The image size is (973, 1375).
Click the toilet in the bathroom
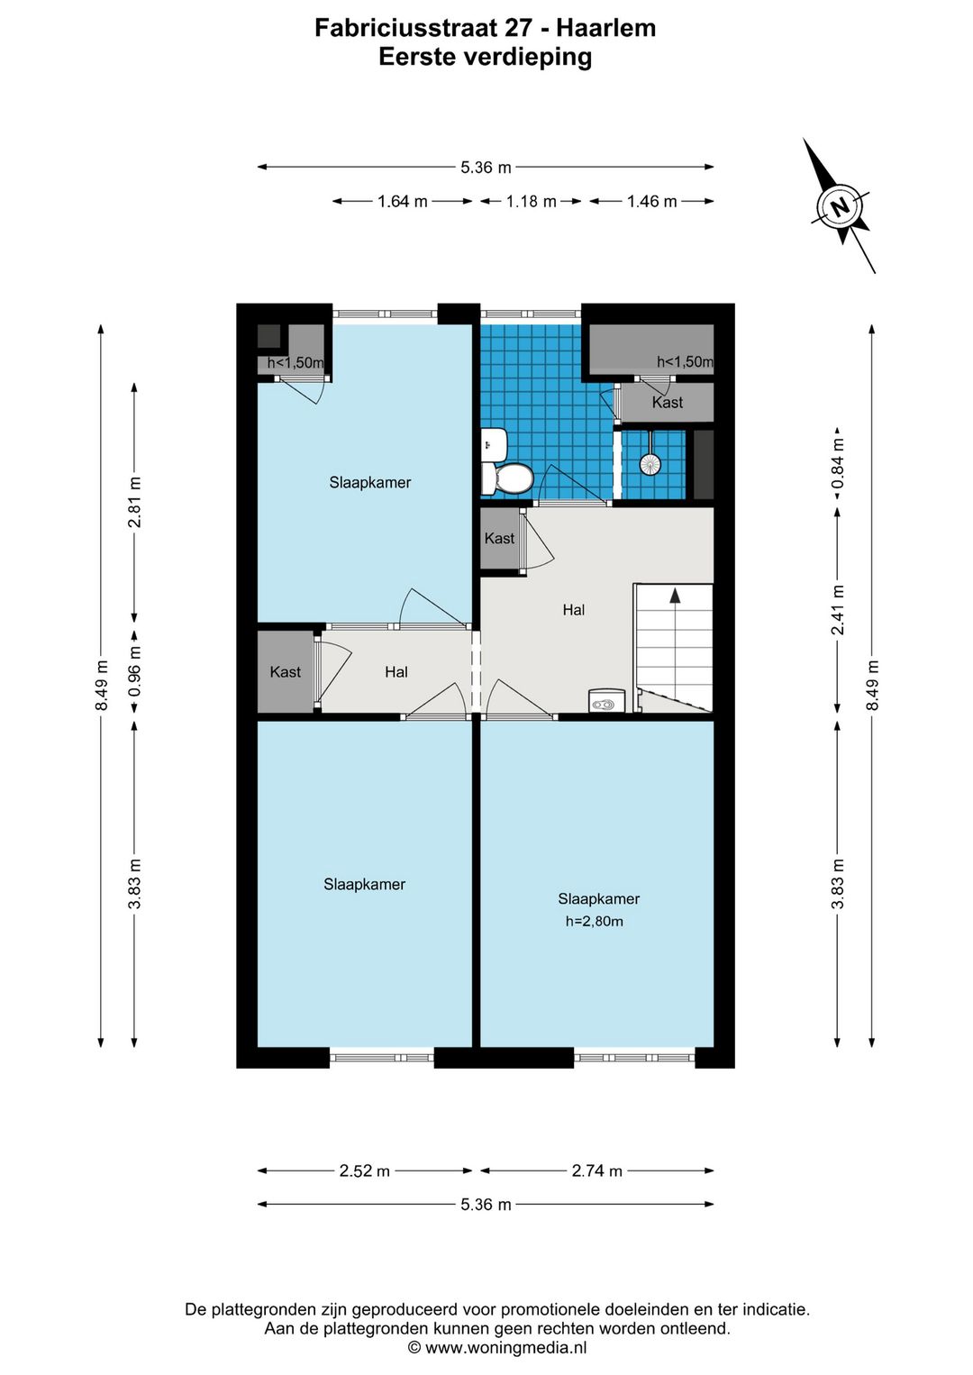[507, 478]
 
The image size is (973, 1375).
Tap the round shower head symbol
[650, 463]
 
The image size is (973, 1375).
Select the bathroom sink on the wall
[494, 444]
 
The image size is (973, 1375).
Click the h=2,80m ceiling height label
[595, 921]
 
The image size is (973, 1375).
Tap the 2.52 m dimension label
[365, 1170]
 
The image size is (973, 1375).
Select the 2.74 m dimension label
[596, 1170]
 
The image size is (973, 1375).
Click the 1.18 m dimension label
[531, 201]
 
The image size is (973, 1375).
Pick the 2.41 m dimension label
[837, 610]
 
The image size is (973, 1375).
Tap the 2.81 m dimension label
[134, 502]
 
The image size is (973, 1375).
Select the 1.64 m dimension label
[402, 201]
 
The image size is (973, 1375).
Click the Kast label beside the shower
[668, 402]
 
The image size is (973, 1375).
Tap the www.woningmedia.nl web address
[505, 1347]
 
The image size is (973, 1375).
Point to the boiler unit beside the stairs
[606, 700]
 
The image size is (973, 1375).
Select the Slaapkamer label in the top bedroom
[370, 482]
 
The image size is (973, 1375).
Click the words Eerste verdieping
[485, 58]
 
